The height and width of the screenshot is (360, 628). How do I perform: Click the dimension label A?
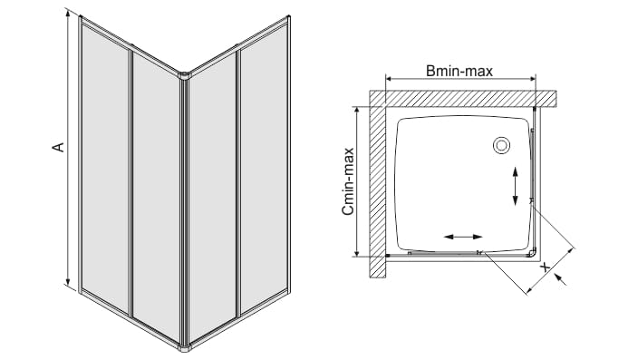coord(59,147)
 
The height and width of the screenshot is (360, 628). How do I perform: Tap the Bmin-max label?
coord(459,71)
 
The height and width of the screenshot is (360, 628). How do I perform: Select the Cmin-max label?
coord(348,181)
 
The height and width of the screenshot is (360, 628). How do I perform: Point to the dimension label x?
coord(545,267)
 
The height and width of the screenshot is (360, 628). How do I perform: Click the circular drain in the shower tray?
coord(501,145)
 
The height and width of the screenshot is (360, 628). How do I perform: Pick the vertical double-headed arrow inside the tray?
coord(515,187)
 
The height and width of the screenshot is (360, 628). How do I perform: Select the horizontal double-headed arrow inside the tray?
coord(463,237)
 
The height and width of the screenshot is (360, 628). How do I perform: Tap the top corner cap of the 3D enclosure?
coord(184,74)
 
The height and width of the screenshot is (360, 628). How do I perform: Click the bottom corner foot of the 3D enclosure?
coord(184,347)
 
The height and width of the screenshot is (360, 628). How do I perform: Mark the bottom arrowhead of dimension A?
coord(69,280)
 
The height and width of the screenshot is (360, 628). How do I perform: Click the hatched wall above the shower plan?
coord(462,98)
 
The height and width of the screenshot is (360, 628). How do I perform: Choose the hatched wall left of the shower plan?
coord(377,184)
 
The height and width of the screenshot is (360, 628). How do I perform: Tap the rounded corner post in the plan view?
coord(532,253)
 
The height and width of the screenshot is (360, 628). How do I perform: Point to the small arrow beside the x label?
coord(561,280)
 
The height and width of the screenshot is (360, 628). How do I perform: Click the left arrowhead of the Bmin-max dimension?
coord(390,79)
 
